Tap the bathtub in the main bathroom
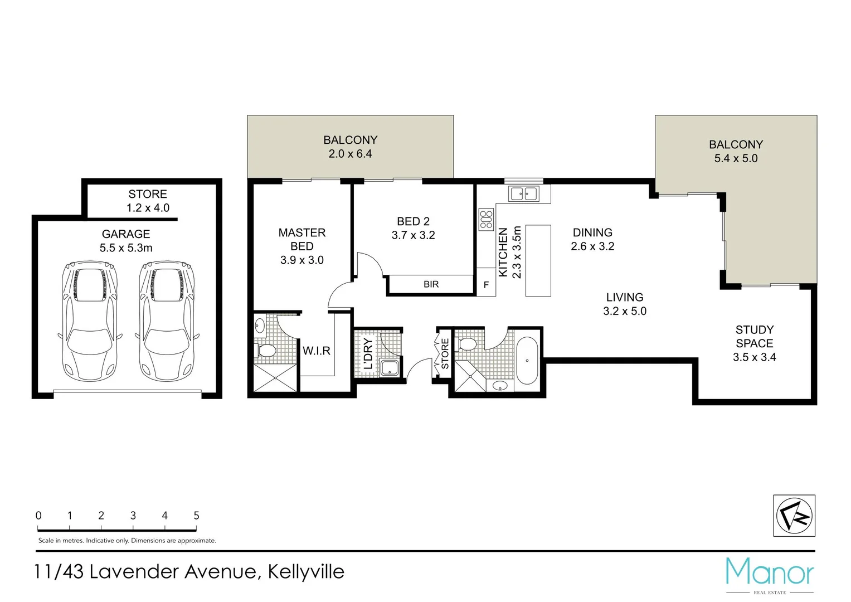(527, 360)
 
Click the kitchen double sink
(524, 194)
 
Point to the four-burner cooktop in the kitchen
(486, 219)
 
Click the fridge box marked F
(486, 285)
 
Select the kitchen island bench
(538, 260)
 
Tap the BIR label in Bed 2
(431, 284)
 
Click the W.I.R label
(317, 351)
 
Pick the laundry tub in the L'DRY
(389, 367)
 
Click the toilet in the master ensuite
(266, 351)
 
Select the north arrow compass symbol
(794, 516)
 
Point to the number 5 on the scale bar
(196, 516)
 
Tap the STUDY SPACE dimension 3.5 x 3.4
(754, 357)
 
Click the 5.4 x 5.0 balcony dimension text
(736, 158)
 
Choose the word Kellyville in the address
(306, 572)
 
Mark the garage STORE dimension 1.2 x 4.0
(148, 208)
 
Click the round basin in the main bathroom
(500, 385)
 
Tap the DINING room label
(592, 232)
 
